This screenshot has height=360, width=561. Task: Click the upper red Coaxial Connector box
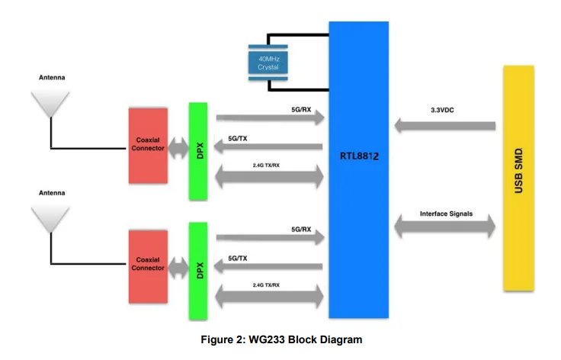click(x=148, y=145)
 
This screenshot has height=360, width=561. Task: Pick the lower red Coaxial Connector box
click(x=148, y=263)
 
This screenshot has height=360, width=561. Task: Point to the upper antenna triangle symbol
click(x=50, y=104)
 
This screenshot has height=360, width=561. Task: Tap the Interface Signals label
click(x=446, y=214)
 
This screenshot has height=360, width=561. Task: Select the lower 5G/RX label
click(x=300, y=228)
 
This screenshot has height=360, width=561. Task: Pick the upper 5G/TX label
click(x=237, y=139)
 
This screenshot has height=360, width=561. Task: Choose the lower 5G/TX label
click(x=237, y=259)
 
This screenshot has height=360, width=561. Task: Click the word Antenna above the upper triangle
click(x=52, y=78)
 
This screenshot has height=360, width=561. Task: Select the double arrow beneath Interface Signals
click(x=446, y=227)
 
